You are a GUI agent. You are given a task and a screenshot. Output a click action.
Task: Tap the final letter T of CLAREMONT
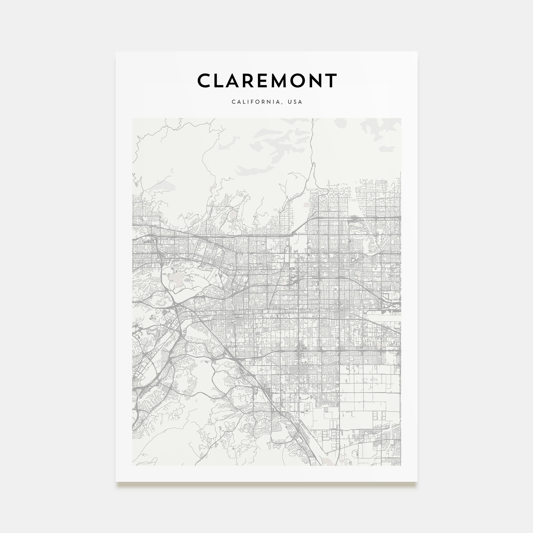tap(331, 80)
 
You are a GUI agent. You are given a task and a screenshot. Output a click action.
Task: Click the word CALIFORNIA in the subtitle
tap(256, 102)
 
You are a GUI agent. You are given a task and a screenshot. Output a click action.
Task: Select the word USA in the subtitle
tap(295, 102)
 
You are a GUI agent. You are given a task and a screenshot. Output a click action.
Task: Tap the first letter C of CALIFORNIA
tap(233, 102)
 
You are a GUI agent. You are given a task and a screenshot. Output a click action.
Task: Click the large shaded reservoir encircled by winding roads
tap(175, 280)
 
